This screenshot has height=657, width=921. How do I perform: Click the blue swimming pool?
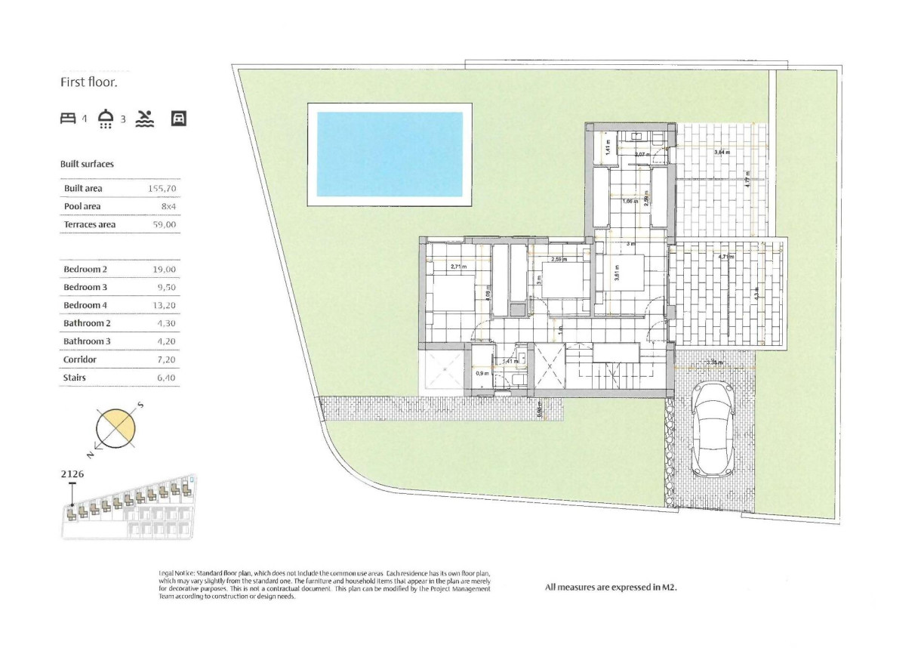[x=389, y=154]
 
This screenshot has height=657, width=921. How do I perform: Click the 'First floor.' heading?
[x=89, y=82]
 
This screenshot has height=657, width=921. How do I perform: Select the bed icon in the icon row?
[x=69, y=119]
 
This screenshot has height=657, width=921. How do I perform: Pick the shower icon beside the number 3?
[x=106, y=119]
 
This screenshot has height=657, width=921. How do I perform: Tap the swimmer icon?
[x=145, y=119]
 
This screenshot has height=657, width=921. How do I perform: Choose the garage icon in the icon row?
[x=179, y=119]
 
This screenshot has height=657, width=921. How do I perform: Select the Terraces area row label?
[x=90, y=224]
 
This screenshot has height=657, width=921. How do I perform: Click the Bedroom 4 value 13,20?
[x=164, y=305]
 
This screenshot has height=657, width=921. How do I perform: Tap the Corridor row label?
[x=80, y=359]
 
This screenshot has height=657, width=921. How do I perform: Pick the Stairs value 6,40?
[x=165, y=378]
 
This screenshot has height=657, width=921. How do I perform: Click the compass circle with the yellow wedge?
[x=116, y=428]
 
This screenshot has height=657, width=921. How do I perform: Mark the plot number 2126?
[x=72, y=475]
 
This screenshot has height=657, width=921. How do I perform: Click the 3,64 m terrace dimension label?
[x=722, y=153]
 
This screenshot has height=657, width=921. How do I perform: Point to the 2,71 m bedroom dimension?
[x=458, y=267]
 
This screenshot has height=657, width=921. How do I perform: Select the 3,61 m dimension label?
[x=617, y=276]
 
